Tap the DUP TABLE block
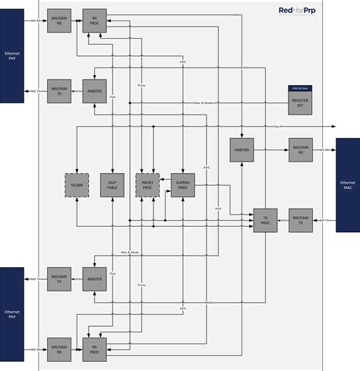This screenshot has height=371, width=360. point(113,185)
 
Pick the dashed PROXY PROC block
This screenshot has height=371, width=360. point(148,185)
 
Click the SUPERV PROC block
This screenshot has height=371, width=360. point(183,185)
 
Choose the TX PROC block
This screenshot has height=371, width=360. point(265,221)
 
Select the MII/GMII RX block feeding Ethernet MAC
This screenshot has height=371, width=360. point(301,150)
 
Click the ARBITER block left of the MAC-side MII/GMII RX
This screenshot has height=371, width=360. point(242,150)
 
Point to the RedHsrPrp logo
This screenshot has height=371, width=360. point(298,10)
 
